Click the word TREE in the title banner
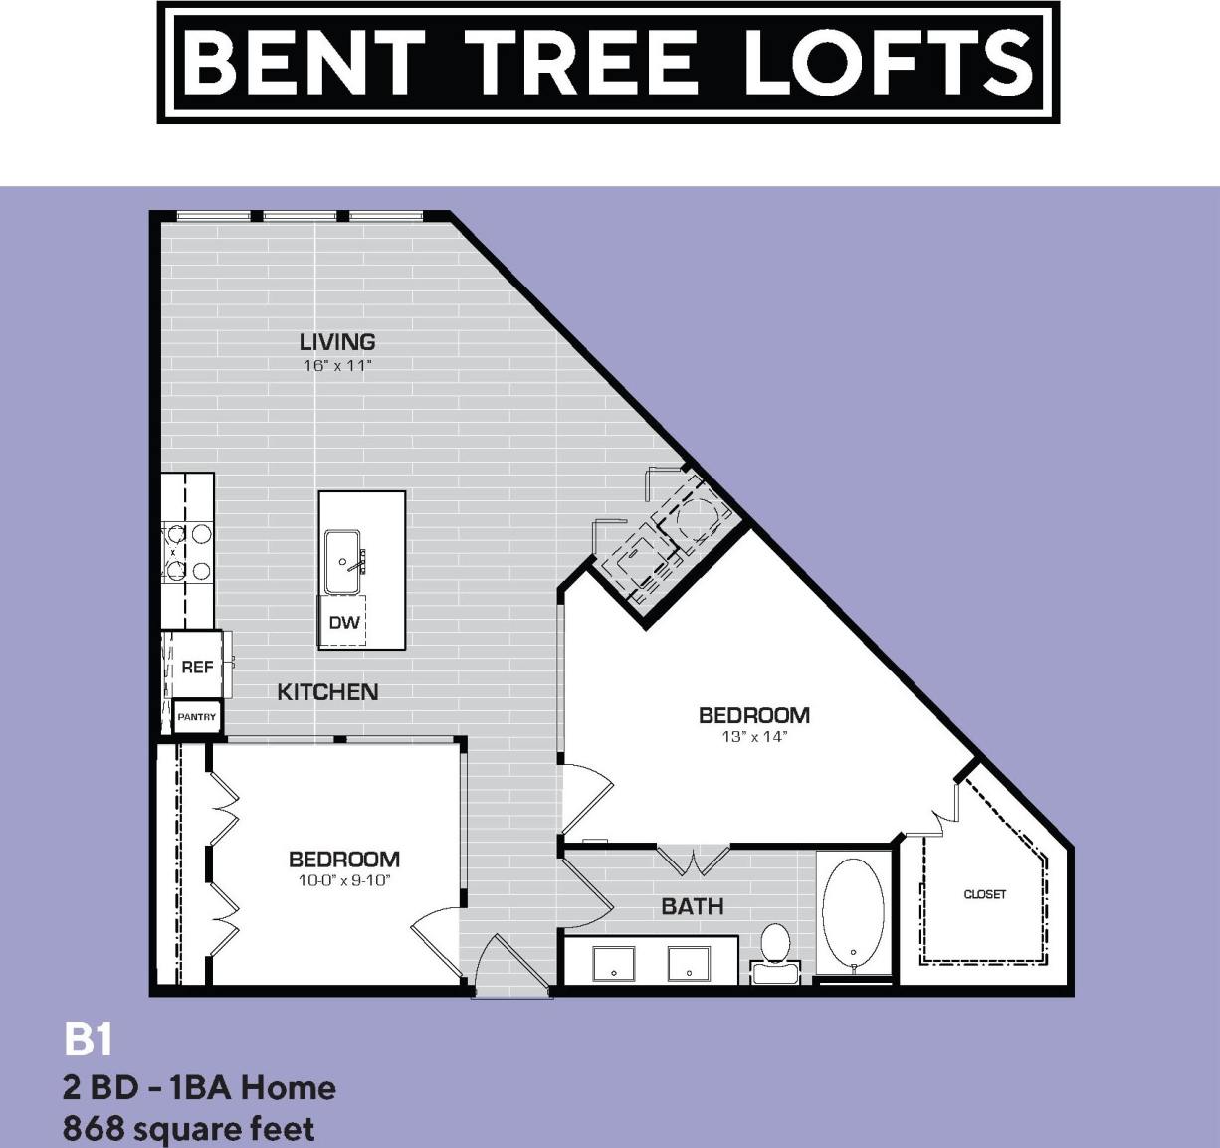pos(581,62)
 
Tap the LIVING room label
pos(337,342)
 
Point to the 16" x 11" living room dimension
pos(337,366)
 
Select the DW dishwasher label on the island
pos(344,623)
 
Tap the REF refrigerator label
pos(197,667)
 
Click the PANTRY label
pos(196,717)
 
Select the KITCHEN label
pos(327,692)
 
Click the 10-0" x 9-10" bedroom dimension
pos(344,880)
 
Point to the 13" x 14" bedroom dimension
pos(754,737)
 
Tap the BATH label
pos(693,906)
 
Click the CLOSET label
pos(985,894)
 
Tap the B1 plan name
pos(88,1041)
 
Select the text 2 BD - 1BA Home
pos(199,1087)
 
